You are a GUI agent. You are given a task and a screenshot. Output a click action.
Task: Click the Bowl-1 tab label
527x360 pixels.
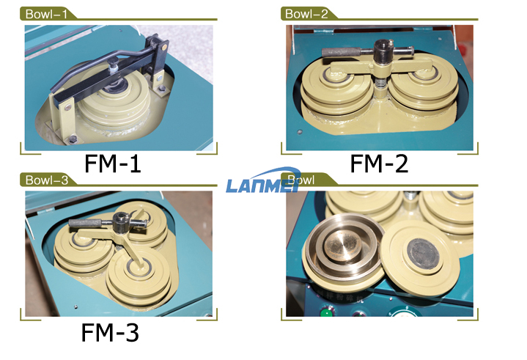pos(46,14)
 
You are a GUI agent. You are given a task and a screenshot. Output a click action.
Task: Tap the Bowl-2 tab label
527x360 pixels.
pos(306,14)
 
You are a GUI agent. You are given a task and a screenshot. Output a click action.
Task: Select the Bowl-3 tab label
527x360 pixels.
pos(47,180)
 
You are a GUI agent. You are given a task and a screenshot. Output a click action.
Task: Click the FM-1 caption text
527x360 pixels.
pos(112,164)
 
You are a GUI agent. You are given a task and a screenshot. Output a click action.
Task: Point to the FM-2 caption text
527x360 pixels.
pos(379,164)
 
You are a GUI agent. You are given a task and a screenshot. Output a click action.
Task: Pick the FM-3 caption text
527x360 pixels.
pos(110,332)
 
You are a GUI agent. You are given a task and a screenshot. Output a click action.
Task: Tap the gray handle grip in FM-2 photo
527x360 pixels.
pos(342,53)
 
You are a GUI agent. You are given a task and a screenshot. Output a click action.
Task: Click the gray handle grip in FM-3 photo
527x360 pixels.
pos(86,222)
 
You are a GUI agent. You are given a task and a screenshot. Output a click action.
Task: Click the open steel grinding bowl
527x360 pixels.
pos(344,248)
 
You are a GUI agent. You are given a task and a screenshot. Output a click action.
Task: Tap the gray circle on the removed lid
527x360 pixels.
pos(423,254)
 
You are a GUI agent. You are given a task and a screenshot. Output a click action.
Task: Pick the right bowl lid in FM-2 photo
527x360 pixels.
pos(424,83)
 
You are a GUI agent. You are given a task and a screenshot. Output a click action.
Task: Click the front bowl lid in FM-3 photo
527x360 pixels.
pos(139,274)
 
